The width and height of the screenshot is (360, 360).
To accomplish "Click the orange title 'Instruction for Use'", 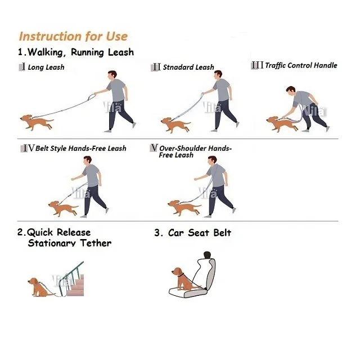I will pos(73,37).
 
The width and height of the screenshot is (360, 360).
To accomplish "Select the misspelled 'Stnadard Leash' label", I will pos(188,67).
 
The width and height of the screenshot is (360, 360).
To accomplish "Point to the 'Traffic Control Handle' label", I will pos(300,65).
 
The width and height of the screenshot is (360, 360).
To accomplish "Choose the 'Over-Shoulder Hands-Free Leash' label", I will pos(195,151).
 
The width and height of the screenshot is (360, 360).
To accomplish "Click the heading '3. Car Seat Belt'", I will pos(192,233).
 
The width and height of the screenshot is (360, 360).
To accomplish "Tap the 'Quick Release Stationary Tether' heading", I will pos(65,237).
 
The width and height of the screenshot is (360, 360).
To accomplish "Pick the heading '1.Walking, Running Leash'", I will pos(75,52).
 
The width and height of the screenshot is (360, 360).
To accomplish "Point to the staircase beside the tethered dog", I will pos(73,281).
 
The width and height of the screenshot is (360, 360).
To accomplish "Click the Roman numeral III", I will pos(256,65).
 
